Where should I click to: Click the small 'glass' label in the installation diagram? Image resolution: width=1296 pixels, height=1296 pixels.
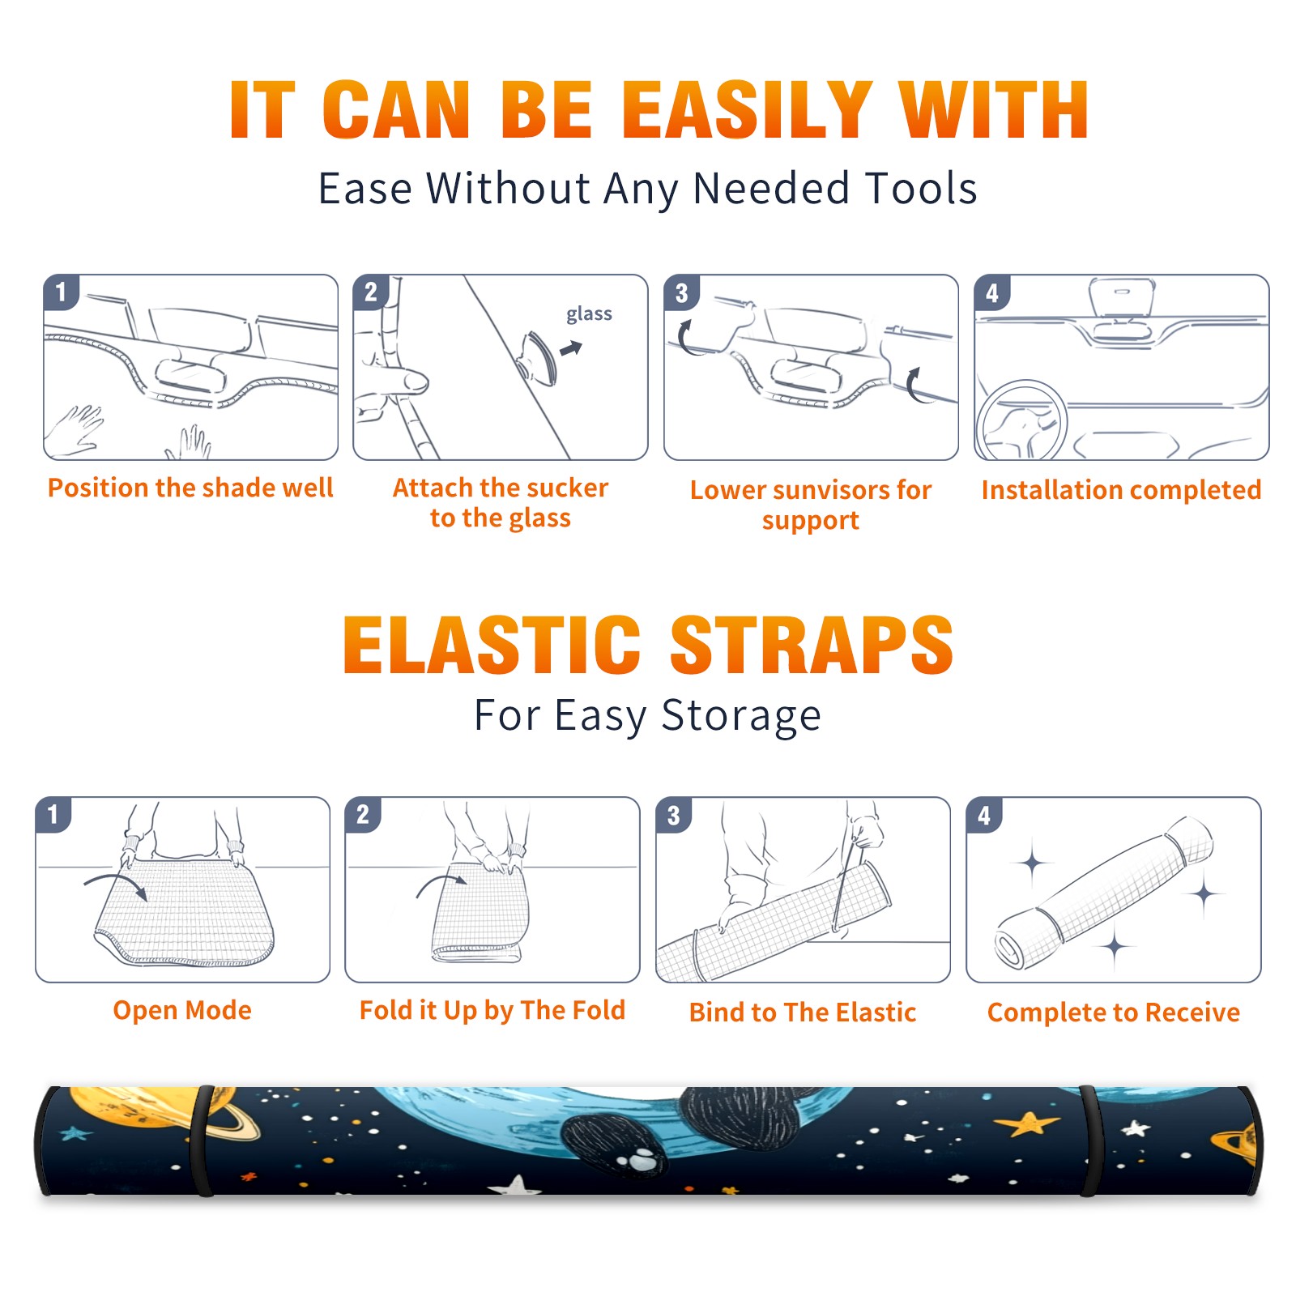(589, 314)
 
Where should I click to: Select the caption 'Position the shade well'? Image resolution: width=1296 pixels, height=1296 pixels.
(190, 488)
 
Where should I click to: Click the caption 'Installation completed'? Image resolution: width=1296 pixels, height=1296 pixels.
(1121, 490)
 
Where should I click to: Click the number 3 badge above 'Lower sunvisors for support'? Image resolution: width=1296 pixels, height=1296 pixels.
(681, 293)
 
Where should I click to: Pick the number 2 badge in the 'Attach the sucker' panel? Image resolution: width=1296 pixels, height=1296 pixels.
(371, 292)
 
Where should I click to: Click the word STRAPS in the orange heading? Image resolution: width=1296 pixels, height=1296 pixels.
(812, 645)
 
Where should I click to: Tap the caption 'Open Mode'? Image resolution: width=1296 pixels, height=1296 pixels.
(182, 1010)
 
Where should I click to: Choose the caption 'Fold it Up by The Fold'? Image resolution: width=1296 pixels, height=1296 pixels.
(492, 1010)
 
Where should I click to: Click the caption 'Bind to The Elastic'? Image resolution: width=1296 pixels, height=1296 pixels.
(803, 1013)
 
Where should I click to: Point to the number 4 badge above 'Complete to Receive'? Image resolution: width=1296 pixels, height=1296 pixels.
(984, 816)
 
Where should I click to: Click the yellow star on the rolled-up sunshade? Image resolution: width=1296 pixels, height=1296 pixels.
(1027, 1123)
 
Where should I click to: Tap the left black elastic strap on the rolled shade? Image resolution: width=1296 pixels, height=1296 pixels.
(202, 1140)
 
